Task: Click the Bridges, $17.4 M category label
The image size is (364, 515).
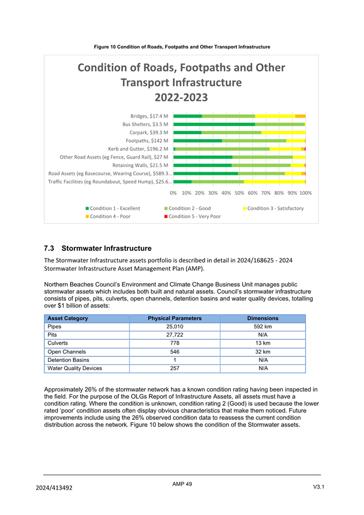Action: tap(149, 116)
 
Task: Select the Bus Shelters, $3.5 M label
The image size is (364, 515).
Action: tap(145, 124)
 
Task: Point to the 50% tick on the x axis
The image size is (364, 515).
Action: tap(239, 193)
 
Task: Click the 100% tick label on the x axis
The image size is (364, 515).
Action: tap(306, 193)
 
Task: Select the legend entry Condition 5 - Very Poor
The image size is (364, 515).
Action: tap(195, 216)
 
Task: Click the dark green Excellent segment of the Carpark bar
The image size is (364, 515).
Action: tap(187, 132)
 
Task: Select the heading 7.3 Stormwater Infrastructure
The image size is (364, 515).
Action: tap(98, 249)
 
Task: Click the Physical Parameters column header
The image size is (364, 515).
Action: tap(175, 319)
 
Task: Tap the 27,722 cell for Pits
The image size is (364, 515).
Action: tap(175, 335)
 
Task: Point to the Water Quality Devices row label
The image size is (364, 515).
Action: tap(74, 368)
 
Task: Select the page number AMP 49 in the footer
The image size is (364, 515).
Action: tap(182, 484)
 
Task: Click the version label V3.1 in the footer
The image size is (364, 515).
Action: tap(318, 487)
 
